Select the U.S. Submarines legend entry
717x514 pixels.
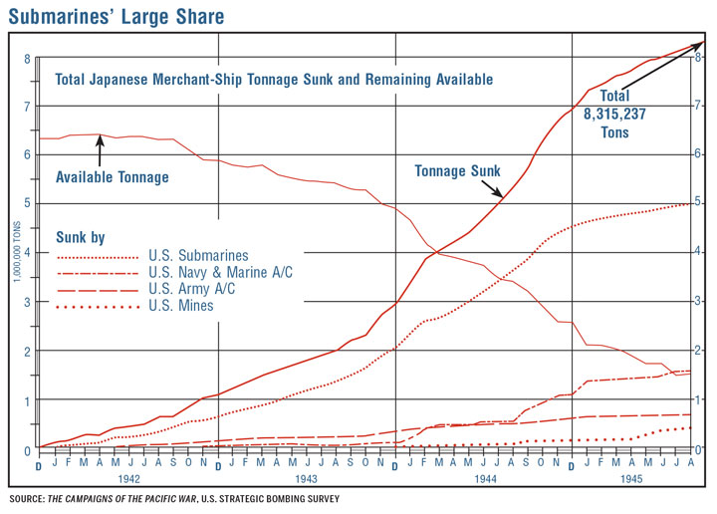pyautogui.click(x=198, y=256)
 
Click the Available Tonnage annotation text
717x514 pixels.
pyautogui.click(x=113, y=177)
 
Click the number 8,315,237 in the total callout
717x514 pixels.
pyautogui.click(x=614, y=115)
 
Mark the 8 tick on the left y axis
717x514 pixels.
pyautogui.click(x=27, y=58)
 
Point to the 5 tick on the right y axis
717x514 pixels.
pyautogui.click(x=701, y=204)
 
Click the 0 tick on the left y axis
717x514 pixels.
pyautogui.click(x=27, y=449)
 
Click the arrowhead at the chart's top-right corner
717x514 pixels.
pyautogui.click(x=700, y=45)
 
